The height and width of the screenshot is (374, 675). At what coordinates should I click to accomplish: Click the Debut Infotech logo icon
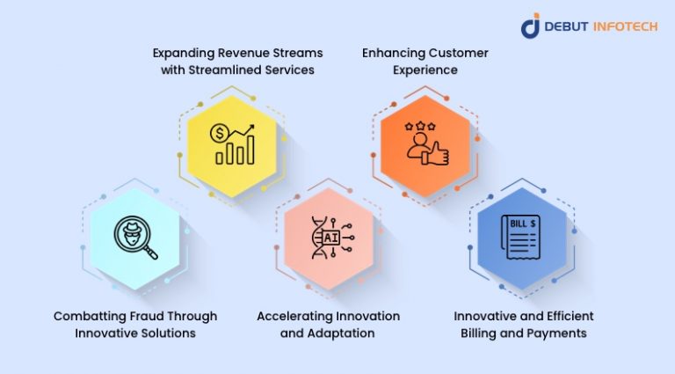[x=530, y=26]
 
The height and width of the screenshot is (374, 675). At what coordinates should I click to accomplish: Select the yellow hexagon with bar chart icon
[x=232, y=143]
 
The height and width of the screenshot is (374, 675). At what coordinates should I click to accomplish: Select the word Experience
[x=425, y=70]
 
